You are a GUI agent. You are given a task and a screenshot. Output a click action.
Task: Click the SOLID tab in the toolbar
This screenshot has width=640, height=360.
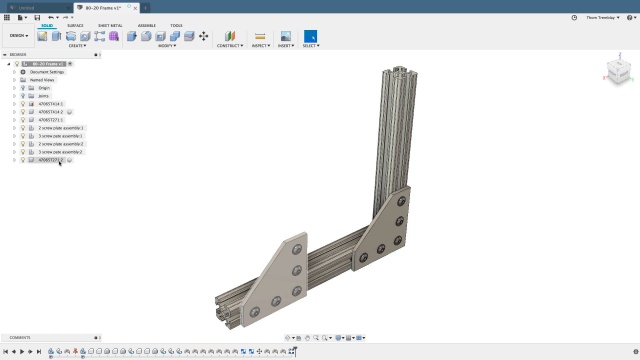[x=47, y=25]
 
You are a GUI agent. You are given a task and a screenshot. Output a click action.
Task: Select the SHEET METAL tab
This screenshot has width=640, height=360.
[x=110, y=25]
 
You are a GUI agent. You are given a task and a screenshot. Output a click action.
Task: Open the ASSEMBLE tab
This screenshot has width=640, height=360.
[x=146, y=25]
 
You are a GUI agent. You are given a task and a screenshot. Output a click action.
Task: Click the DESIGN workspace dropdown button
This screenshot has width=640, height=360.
[x=19, y=36]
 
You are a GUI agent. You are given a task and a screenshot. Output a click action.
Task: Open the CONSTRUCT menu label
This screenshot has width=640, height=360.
[x=230, y=46]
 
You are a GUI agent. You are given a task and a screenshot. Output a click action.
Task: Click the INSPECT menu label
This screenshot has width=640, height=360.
[x=260, y=46]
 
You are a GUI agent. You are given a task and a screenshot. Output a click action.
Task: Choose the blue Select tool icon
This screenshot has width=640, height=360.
[x=310, y=36]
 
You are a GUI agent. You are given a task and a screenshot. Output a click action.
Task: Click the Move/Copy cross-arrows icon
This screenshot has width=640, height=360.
[x=204, y=36]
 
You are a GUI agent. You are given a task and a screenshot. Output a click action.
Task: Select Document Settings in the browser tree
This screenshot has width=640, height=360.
[x=46, y=72]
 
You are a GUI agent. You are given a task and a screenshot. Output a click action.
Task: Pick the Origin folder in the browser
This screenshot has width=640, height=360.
[x=44, y=88]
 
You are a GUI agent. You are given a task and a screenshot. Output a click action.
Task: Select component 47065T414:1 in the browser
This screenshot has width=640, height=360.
[x=50, y=104]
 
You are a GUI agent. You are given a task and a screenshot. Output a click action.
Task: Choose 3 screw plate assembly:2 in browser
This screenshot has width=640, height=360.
[x=61, y=152]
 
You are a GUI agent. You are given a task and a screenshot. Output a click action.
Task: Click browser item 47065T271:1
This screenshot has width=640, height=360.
[x=50, y=120]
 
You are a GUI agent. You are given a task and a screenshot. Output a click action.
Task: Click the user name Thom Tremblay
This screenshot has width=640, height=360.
[x=600, y=17]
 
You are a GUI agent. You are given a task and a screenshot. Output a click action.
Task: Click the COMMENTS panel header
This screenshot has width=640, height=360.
[x=20, y=337]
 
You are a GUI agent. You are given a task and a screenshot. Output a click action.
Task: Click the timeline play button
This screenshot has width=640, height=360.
[x=22, y=351]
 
